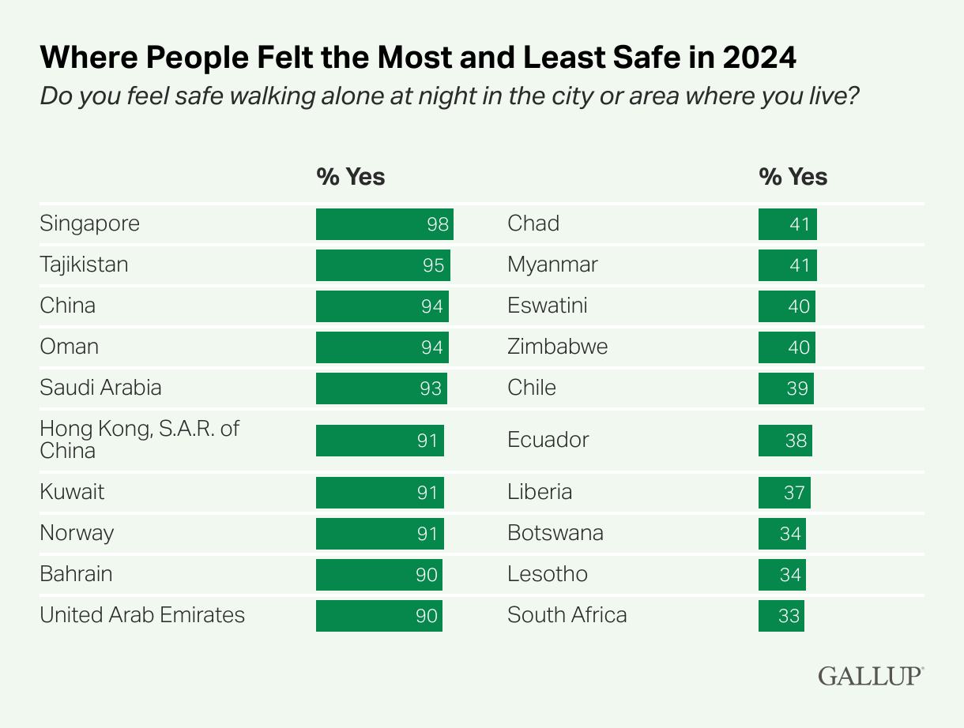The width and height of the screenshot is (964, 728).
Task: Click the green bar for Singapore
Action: point(384,223)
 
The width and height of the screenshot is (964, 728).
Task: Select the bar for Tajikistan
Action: point(382,265)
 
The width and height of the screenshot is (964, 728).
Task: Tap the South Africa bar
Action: point(781,615)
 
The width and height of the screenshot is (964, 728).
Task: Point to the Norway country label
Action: point(77,533)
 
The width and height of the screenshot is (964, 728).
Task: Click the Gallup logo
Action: point(870,676)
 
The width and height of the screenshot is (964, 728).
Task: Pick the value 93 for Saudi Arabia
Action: point(431,388)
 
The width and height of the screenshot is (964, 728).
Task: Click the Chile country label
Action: point(532,388)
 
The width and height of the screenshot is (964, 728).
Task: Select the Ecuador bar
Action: point(785,440)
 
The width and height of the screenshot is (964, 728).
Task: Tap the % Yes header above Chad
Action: point(793,176)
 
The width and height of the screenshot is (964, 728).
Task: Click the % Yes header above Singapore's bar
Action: point(351,176)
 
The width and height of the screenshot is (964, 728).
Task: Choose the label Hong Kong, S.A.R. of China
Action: point(139,440)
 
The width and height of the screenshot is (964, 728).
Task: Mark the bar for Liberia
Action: point(784,492)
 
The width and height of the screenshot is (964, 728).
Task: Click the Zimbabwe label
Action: point(557,347)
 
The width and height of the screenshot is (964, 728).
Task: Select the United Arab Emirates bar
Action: point(378,615)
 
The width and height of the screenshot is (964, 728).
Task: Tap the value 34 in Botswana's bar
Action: point(790,534)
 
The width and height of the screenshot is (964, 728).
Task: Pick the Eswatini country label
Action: point(547,306)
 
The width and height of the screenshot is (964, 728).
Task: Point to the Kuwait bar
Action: point(379,492)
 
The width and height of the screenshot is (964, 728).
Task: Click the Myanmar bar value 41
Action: point(800,265)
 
